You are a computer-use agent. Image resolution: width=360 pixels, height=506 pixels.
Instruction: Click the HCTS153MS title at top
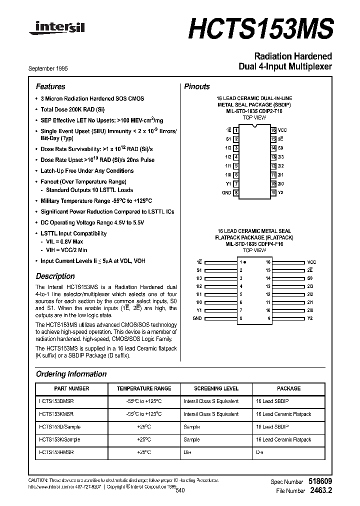click(260, 29)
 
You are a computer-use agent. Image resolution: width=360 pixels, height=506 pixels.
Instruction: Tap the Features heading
click(50, 86)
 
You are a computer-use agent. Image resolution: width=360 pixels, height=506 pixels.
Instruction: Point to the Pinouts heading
click(197, 86)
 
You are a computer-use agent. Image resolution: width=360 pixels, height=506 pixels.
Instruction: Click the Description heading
click(55, 276)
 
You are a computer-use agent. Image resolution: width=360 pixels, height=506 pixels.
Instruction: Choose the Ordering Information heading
click(71, 374)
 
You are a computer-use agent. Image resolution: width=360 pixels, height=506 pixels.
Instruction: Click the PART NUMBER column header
click(71, 388)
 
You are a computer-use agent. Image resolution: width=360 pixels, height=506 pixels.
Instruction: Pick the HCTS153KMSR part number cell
click(56, 414)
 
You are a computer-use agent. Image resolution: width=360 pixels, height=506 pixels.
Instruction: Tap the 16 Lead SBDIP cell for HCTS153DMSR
click(272, 401)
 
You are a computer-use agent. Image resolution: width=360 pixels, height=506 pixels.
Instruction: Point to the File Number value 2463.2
click(320, 491)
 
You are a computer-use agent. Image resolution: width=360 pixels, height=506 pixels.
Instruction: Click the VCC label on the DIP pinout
click(282, 130)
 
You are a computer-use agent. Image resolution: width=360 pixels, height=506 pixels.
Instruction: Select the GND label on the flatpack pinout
click(197, 318)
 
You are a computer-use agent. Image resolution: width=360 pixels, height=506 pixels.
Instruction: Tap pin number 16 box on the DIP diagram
click(273, 130)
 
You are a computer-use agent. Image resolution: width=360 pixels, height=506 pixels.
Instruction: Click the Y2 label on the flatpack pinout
click(309, 318)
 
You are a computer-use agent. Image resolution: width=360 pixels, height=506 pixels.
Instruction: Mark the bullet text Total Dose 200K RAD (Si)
click(72, 109)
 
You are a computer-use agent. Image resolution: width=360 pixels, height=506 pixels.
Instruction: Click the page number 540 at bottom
click(180, 491)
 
